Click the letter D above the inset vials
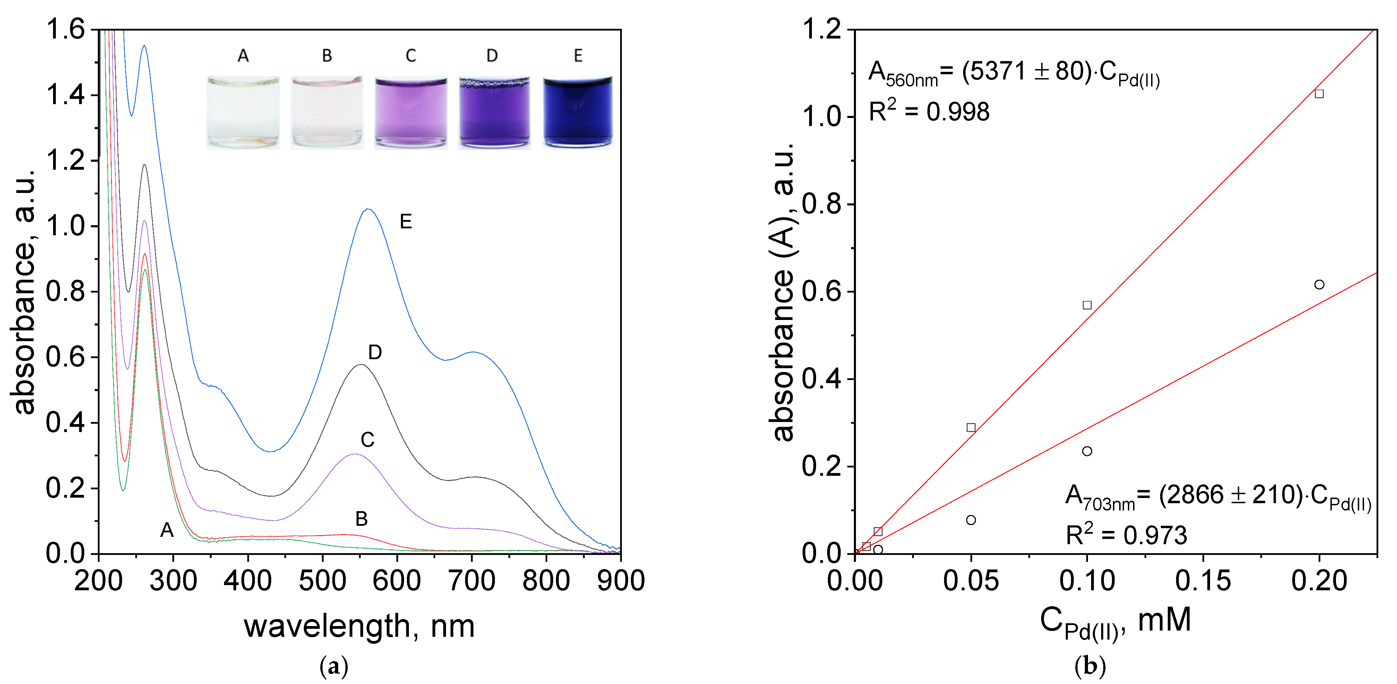click(x=492, y=55)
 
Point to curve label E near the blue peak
click(x=406, y=222)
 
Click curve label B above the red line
click(x=361, y=519)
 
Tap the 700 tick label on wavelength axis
click(x=472, y=581)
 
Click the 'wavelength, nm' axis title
click(x=359, y=626)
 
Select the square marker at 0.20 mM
click(x=1319, y=94)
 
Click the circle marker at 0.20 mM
click(x=1319, y=284)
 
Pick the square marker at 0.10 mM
click(x=1087, y=305)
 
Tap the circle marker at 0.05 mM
click(x=971, y=520)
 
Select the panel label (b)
click(x=1089, y=666)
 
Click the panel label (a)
click(x=334, y=666)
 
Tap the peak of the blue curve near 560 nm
click(x=368, y=209)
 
